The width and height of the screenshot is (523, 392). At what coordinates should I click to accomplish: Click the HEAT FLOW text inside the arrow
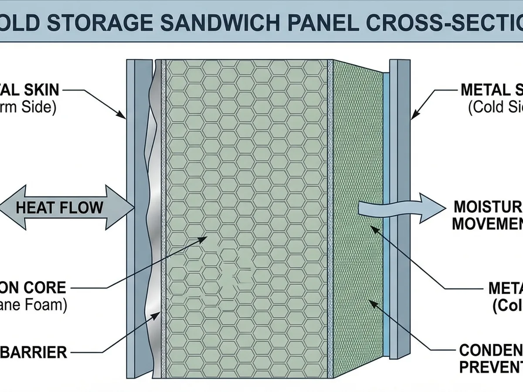tap(59, 207)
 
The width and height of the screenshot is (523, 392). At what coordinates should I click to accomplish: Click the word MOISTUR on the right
tap(488, 206)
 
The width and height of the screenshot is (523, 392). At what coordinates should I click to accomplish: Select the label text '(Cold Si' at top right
tap(495, 108)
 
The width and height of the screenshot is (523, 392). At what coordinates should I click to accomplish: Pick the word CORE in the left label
tap(48, 288)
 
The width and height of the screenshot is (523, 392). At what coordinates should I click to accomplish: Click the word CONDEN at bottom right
tap(491, 350)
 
